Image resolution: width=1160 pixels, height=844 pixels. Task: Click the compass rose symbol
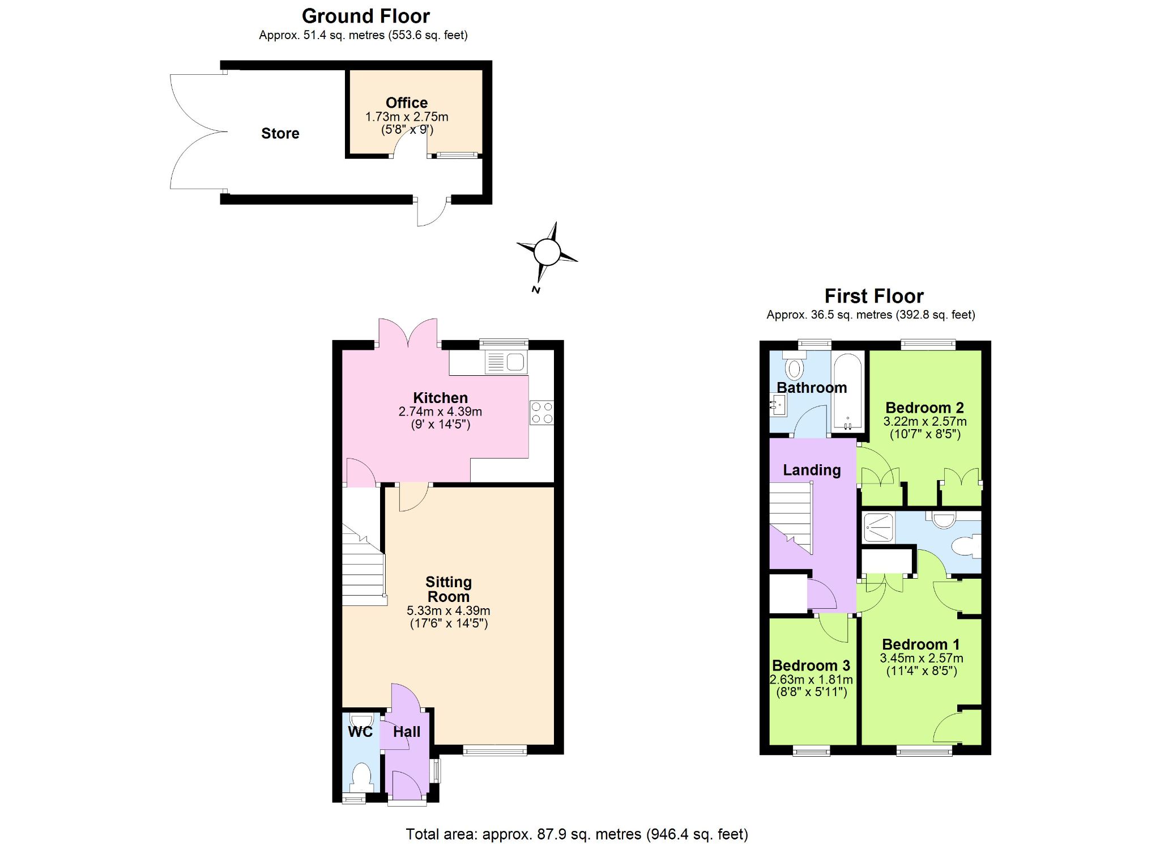coord(547,252)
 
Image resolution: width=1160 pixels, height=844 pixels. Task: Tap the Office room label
coord(407,103)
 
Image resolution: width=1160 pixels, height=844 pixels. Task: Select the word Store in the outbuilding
coord(280,133)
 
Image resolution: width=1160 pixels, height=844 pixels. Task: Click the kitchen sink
coord(506,362)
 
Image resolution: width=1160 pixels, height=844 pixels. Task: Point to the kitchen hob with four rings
coord(542,413)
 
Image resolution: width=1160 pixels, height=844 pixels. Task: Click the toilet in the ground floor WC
coord(361,778)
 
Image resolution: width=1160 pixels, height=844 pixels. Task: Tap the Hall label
coord(407,732)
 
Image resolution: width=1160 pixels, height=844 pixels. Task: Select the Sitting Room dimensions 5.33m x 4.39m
coord(449,610)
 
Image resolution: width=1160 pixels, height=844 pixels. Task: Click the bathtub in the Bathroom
coord(847,392)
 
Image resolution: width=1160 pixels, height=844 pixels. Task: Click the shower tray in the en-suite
coord(878,527)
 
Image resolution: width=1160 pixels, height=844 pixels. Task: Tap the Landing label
coord(812,470)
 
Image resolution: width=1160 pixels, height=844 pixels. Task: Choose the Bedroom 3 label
coord(811,665)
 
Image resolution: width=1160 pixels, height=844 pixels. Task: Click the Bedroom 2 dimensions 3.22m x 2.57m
coord(925,422)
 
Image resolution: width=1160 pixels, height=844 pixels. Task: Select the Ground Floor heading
coord(366,16)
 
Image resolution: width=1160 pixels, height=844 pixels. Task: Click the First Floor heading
coord(874,296)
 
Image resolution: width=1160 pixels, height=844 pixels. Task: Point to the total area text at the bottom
coord(577,834)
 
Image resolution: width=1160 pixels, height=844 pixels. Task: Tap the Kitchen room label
coord(440,398)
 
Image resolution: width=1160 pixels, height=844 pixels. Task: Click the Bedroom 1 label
coord(921,644)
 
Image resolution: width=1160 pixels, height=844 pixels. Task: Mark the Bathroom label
coord(812,388)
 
